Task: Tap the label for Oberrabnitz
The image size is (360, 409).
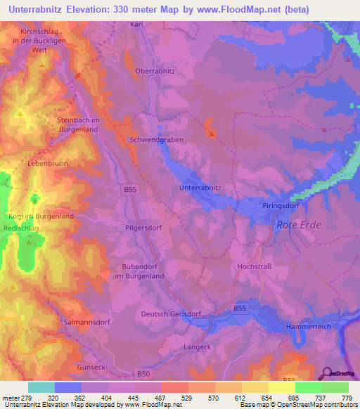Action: (155, 71)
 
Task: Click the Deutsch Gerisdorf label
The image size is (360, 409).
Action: (172, 314)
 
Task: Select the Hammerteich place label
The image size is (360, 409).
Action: (308, 327)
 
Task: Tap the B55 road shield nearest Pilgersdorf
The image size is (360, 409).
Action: (129, 190)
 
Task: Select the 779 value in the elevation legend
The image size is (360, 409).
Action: (346, 398)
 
